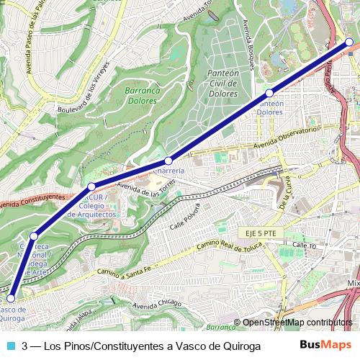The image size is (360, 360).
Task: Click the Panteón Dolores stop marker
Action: point(269,94)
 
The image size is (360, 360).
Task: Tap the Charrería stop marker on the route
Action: point(168,161)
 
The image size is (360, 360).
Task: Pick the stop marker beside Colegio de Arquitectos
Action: point(91,186)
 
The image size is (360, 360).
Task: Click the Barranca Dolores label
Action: point(142,96)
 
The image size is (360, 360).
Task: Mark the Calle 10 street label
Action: point(305,246)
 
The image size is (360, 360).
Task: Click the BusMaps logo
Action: point(326,346)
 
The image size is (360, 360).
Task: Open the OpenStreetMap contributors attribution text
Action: point(297,323)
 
